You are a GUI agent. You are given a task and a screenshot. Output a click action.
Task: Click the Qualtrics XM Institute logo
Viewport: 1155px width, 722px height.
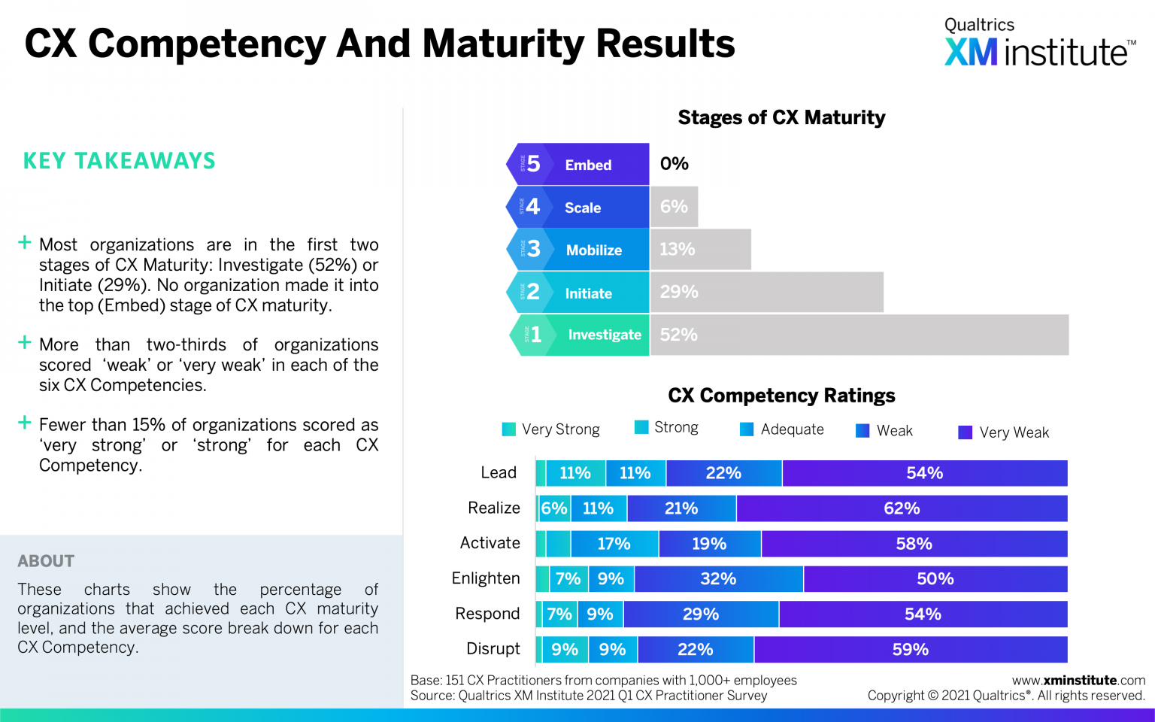click(x=1038, y=44)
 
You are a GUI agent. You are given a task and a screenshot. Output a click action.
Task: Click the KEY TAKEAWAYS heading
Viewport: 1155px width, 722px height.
click(x=120, y=161)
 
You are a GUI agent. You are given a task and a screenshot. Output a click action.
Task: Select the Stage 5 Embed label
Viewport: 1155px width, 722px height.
click(x=577, y=164)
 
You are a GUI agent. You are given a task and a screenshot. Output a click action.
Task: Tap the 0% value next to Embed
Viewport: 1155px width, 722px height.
click(x=674, y=164)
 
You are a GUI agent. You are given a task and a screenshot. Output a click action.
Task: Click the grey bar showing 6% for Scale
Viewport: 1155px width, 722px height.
click(x=675, y=207)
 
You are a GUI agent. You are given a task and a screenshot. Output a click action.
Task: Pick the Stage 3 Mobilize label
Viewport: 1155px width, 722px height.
click(x=577, y=250)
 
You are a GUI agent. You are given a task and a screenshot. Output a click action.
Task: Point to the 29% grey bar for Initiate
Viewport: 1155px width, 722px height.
click(x=765, y=292)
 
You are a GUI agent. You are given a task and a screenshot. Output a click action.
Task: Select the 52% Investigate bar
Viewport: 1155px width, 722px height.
click(x=858, y=335)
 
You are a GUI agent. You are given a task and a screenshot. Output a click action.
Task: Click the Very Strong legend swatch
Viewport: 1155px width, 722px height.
click(x=509, y=429)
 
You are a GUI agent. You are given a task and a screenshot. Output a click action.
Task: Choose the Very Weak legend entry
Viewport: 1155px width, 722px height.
click(x=1004, y=432)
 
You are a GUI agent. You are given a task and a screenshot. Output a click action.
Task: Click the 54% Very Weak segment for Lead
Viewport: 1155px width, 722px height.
click(x=924, y=473)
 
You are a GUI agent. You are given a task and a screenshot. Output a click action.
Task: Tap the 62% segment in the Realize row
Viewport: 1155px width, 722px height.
click(x=902, y=508)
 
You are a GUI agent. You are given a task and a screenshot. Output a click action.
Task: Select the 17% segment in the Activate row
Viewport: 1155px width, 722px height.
click(x=614, y=544)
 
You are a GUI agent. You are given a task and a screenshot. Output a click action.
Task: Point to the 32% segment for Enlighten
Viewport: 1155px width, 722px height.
click(x=718, y=579)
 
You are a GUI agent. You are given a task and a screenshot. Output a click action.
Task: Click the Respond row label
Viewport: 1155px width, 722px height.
click(x=487, y=614)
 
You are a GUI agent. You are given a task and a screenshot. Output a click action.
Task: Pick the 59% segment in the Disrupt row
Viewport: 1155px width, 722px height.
click(x=910, y=650)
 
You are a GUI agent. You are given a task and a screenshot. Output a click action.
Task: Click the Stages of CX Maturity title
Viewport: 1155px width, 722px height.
click(x=781, y=118)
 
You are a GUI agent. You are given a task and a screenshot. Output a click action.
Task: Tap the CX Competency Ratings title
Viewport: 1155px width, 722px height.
click(x=781, y=396)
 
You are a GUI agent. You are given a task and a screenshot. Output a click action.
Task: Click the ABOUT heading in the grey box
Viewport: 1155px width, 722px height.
click(x=46, y=561)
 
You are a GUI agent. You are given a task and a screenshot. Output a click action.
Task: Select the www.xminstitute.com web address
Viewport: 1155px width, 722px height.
click(x=1078, y=680)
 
